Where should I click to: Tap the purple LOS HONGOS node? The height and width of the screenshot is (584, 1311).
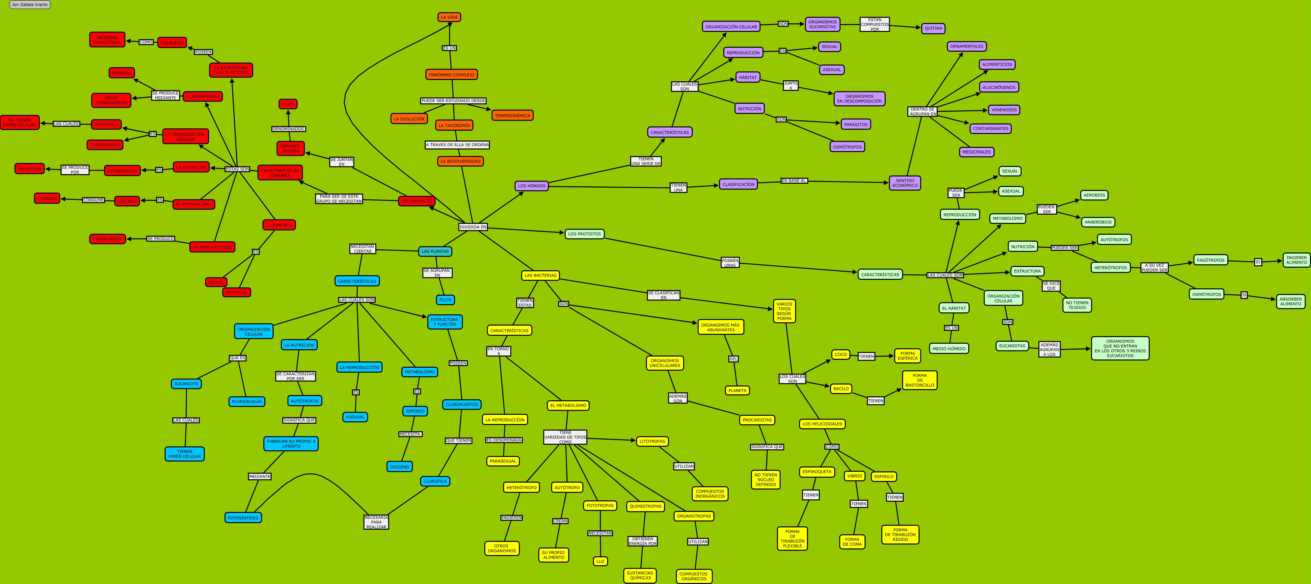coord(531,186)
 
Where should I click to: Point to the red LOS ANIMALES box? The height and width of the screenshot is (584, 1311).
coord(416,201)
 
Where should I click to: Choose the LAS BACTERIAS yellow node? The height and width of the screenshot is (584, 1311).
coord(541,275)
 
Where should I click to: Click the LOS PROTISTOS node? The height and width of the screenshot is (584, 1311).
coord(584,234)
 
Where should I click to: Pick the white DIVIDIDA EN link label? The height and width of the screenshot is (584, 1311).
coord(473,227)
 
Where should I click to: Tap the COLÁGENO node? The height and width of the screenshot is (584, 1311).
coord(172,43)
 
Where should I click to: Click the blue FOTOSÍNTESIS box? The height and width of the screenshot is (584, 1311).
coord(243,518)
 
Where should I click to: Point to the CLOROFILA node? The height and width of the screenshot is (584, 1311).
coord(435,481)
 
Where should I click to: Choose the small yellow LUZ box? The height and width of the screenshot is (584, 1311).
coord(600,561)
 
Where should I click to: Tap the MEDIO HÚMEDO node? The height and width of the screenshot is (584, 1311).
coord(949,349)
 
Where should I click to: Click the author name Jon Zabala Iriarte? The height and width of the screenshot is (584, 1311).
coord(30,5)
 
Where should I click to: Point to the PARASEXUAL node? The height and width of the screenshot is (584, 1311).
coord(503,461)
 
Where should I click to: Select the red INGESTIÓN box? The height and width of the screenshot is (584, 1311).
coord(30,169)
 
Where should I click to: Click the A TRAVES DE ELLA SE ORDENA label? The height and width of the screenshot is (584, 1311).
coord(457,145)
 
